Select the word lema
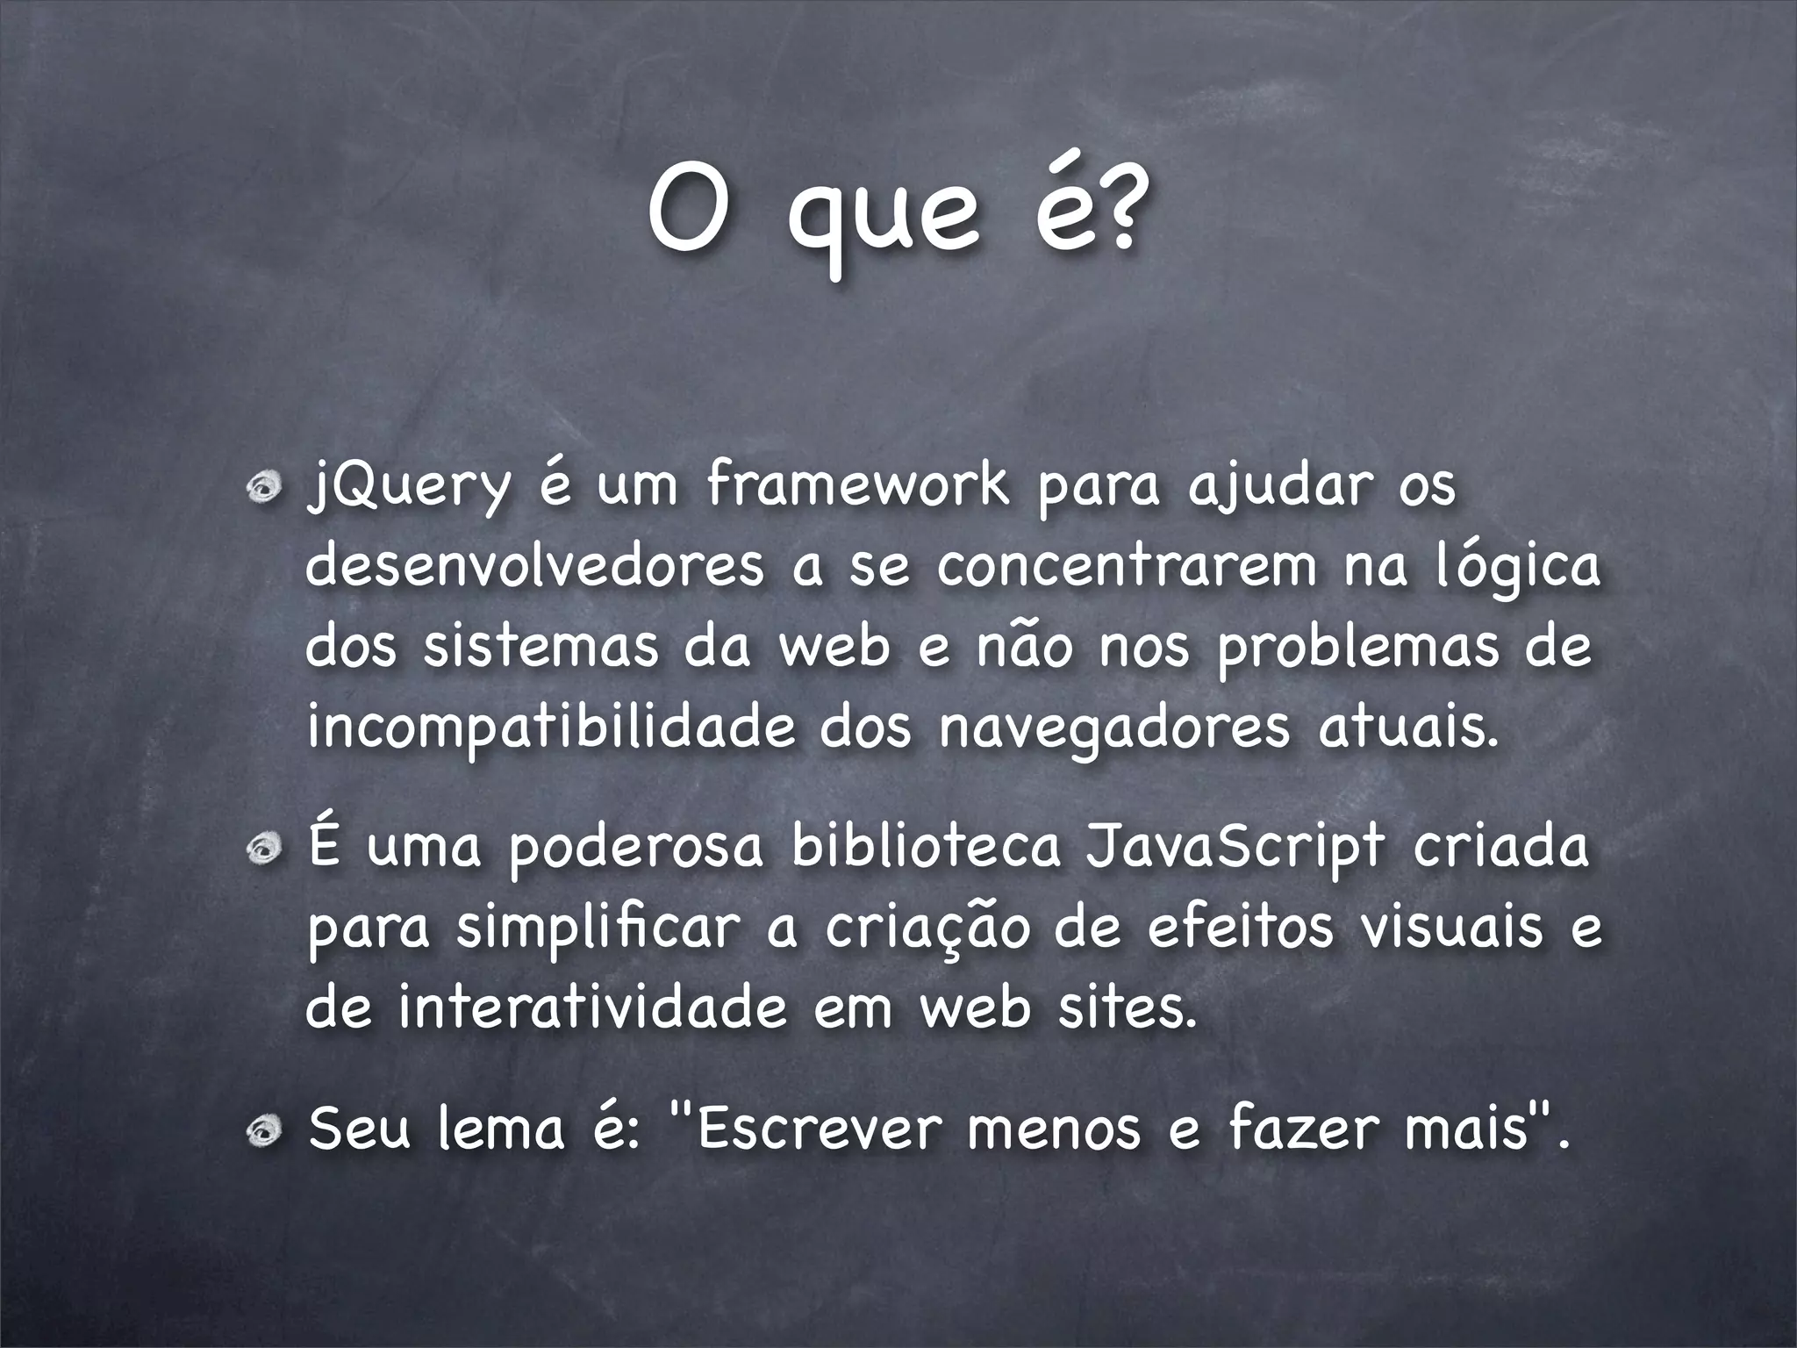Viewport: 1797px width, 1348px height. pos(501,1130)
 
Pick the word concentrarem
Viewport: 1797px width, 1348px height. pos(1128,568)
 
